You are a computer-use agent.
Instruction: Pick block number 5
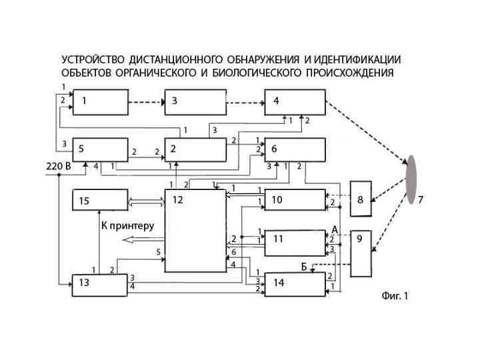coord(99,151)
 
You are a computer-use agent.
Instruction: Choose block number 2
coord(195,151)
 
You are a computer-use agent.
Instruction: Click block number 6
coord(295,151)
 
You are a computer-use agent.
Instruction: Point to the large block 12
coord(195,230)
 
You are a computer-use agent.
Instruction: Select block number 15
coord(99,200)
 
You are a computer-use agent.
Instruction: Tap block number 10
coord(295,200)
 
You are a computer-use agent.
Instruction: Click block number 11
coord(295,243)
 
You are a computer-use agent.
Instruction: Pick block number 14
coord(295,284)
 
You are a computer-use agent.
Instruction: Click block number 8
coord(361,198)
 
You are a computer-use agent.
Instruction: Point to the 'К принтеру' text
coord(127,225)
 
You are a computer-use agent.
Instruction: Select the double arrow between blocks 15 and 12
coord(146,200)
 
